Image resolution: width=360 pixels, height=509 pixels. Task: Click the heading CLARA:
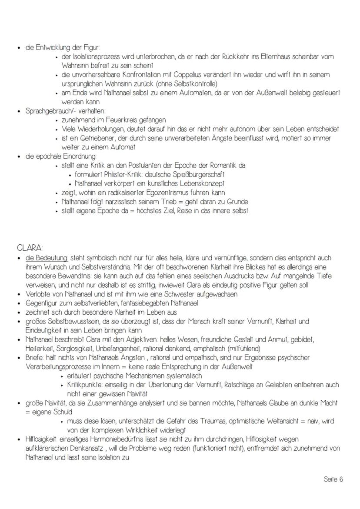30,248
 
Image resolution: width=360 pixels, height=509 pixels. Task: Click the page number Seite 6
333,479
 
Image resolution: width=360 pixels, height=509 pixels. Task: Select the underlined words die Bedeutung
47,258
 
